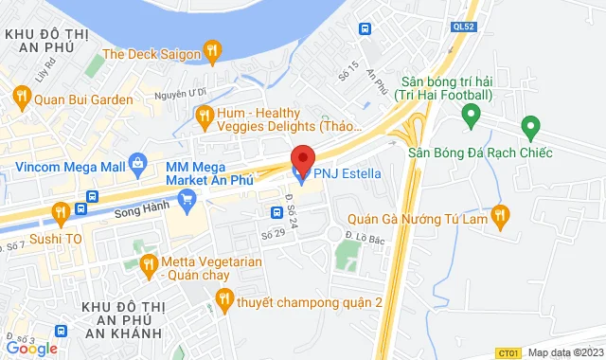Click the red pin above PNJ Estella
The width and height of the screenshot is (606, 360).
coord(302,158)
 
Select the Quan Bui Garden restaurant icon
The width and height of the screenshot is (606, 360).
coord(21,95)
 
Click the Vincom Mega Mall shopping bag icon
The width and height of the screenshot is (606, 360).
coord(139,164)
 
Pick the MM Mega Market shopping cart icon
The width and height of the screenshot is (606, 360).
coord(187,198)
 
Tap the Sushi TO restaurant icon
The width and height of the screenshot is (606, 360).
coord(60,211)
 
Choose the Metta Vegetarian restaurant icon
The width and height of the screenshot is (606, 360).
coord(147,262)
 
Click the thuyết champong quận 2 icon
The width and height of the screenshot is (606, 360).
coord(223,300)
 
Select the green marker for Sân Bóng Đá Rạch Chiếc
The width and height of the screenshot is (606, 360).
coord(530,125)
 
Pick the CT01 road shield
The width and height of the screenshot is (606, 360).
coord(508,351)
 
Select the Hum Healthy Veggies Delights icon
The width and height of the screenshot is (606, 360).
coord(203,116)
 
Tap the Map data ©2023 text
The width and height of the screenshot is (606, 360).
coord(564,352)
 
